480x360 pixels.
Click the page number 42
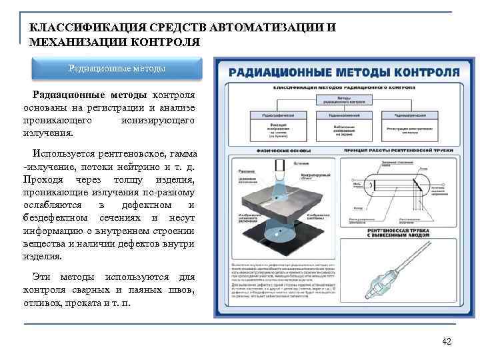pyautogui.click(x=447, y=342)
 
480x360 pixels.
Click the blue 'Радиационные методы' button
pyautogui.click(x=117, y=68)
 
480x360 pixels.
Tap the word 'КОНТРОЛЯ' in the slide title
pyautogui.click(x=167, y=42)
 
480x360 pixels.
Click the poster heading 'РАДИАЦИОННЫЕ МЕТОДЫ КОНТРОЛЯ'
pyautogui.click(x=344, y=71)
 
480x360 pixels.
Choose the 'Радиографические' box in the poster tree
pyautogui.click(x=271, y=115)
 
